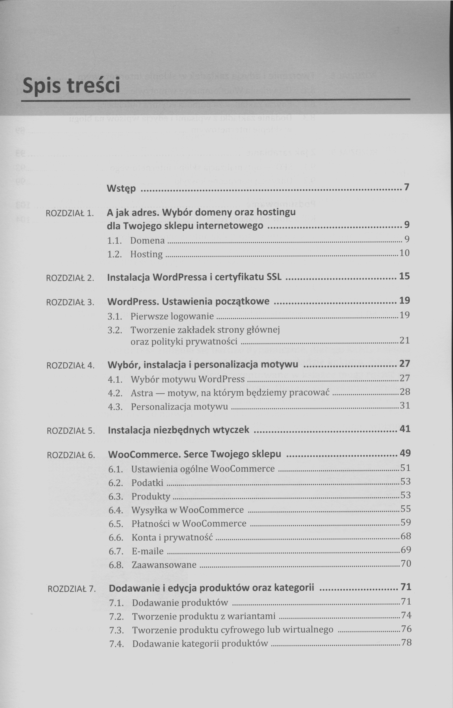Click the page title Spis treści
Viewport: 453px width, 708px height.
tap(71, 85)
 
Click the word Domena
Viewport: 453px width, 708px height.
tap(147, 241)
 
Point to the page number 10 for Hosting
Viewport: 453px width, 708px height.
tap(404, 253)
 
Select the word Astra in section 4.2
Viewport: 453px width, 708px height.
tap(142, 393)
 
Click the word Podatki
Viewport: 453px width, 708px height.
tap(147, 483)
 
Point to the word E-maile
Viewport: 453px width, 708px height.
tap(148, 551)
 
